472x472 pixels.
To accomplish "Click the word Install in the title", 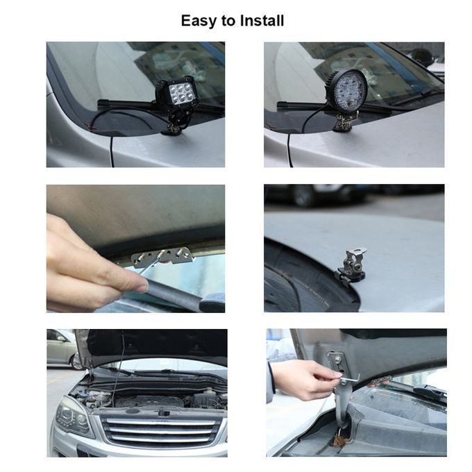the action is [x=262, y=21].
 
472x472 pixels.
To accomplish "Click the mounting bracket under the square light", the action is [x=172, y=126].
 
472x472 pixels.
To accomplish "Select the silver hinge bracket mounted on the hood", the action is [x=351, y=267].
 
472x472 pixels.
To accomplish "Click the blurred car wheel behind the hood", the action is [x=303, y=195].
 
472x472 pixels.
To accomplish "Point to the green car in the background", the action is [x=61, y=349].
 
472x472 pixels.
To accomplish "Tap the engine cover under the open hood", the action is [x=150, y=401].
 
